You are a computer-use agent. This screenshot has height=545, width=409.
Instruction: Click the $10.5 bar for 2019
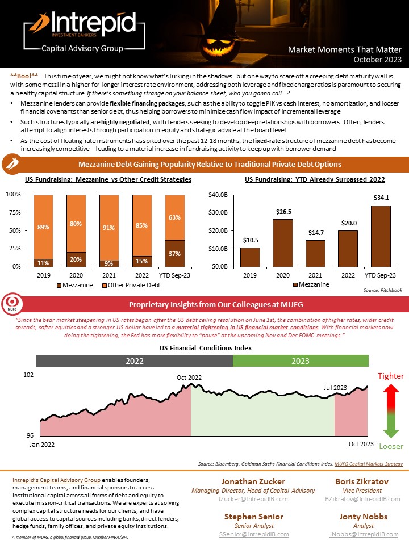tap(250, 257)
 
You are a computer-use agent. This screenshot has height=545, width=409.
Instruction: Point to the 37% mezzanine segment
tap(175, 253)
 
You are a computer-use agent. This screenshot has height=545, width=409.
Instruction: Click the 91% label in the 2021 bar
tap(109, 227)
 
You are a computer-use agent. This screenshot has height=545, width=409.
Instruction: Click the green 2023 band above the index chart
tap(301, 360)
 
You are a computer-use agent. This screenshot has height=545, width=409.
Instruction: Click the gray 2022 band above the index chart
tap(135, 360)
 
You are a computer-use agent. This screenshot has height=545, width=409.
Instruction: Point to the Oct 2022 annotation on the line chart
tap(189, 377)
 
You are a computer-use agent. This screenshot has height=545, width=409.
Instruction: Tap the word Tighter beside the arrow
tap(391, 376)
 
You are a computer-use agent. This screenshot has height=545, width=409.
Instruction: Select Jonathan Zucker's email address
tap(253, 498)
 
